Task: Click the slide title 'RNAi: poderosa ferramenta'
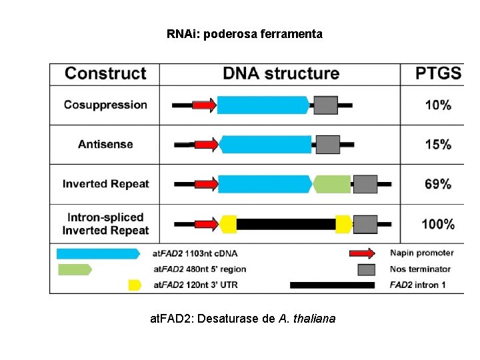[x=244, y=33]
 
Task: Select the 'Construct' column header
[x=105, y=73]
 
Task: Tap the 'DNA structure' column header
[x=281, y=73]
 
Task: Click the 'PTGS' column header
[x=438, y=73]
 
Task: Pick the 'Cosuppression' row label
[x=105, y=105]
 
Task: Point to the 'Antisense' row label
[x=105, y=144]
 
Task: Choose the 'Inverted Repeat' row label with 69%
[x=105, y=184]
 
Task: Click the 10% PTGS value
[x=438, y=105]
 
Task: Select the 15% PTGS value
[x=438, y=144]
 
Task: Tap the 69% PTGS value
[x=438, y=184]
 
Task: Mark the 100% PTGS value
[x=438, y=224]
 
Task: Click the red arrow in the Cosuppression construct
[x=204, y=105]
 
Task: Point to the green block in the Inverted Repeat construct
[x=332, y=184]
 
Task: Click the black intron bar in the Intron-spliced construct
[x=286, y=224]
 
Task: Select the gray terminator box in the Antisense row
[x=327, y=144]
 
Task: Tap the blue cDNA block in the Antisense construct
[x=265, y=144]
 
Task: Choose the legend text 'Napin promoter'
[x=421, y=253]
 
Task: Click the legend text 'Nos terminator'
[x=421, y=269]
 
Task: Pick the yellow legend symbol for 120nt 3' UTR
[x=135, y=285]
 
